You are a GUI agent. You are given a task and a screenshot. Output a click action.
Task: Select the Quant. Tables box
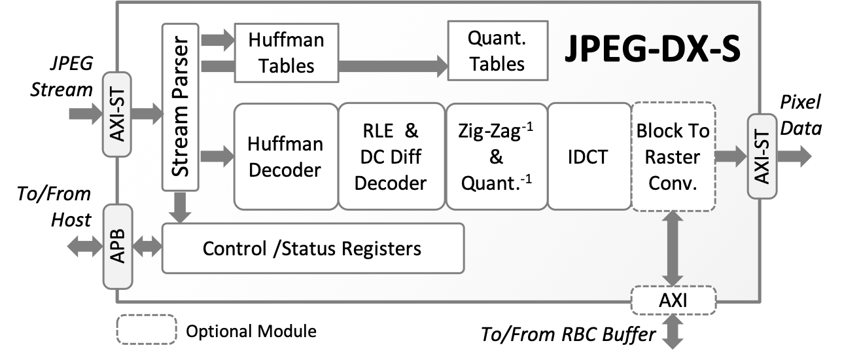click(x=496, y=50)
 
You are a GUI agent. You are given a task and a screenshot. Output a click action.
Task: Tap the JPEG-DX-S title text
click(x=652, y=50)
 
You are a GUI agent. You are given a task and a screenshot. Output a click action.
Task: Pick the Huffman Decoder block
click(x=285, y=156)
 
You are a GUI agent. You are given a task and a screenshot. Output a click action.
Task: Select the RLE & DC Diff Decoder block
click(x=390, y=156)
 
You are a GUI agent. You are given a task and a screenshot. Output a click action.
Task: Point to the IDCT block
click(x=588, y=156)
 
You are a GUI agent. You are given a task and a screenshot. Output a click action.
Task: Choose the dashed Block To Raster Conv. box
click(x=673, y=156)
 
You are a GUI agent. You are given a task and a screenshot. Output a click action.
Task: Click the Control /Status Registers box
click(x=312, y=248)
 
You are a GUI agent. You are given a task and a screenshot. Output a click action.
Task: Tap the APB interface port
click(x=118, y=247)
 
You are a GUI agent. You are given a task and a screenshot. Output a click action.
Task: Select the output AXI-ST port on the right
click(x=762, y=156)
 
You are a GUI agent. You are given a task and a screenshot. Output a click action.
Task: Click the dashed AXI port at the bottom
click(x=673, y=301)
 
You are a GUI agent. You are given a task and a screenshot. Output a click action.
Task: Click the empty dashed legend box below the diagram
click(x=147, y=329)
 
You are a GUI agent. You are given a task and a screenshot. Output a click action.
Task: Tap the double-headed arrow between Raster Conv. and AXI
click(x=673, y=249)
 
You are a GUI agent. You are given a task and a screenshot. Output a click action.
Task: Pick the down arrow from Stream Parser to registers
click(x=179, y=207)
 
